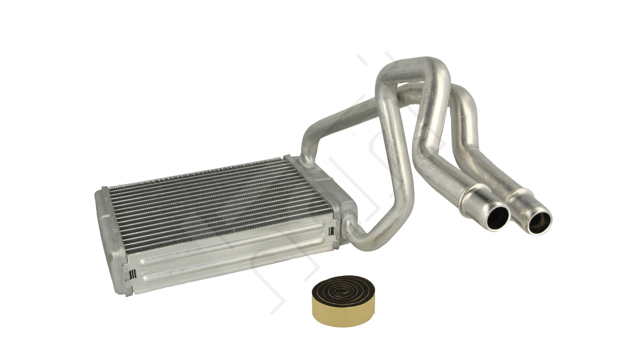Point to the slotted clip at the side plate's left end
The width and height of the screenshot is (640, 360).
coord(131,273)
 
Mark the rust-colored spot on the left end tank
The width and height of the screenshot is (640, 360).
coord(111,258)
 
